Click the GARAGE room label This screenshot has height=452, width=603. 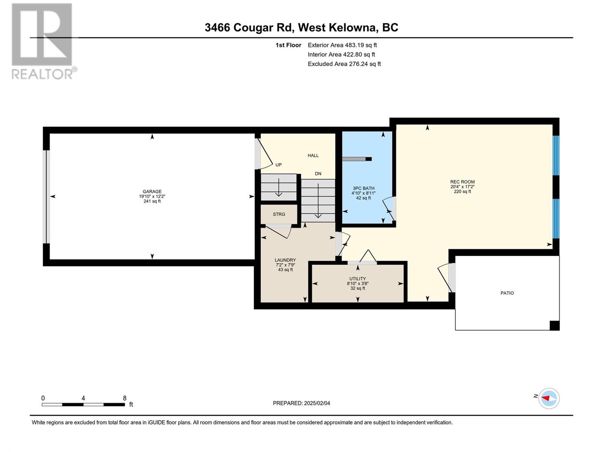click(152, 191)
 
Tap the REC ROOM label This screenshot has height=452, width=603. click(462, 182)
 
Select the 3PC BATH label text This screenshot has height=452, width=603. click(363, 188)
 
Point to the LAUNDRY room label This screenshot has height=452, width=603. click(285, 260)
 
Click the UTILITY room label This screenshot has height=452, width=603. click(357, 279)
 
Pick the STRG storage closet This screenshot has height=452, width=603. click(279, 214)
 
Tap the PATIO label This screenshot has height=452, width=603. click(507, 293)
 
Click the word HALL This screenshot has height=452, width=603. click(313, 155)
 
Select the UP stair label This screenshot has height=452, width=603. click(279, 165)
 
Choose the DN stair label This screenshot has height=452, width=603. click(318, 174)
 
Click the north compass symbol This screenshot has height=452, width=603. click(548, 398)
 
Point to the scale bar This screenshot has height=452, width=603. click(83, 404)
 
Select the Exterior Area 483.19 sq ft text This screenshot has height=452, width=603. click(342, 45)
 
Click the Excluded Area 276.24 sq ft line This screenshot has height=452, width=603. click(344, 64)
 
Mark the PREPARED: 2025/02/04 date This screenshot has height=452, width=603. click(301, 403)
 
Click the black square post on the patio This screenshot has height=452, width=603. click(554, 325)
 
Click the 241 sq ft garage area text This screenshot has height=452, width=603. click(152, 201)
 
